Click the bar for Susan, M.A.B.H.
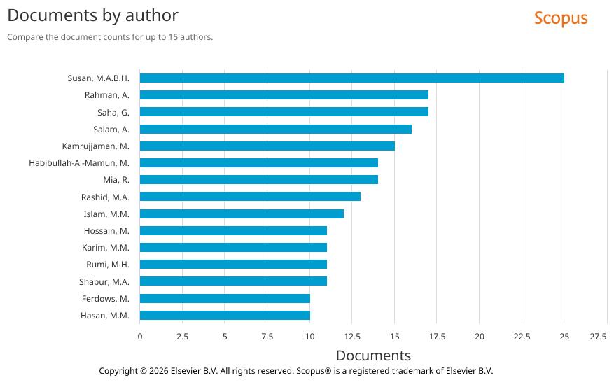[x=351, y=78]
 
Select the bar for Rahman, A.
[x=284, y=94]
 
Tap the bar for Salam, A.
[x=275, y=129]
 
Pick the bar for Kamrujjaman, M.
[x=267, y=146]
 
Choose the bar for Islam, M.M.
[x=242, y=213]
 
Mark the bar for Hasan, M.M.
[x=225, y=315]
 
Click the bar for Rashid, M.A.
[x=250, y=197]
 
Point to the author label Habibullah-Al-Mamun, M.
[x=79, y=163]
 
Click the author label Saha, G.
[x=113, y=112]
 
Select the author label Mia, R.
[x=116, y=180]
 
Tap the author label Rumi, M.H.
[x=107, y=265]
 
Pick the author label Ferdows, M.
[x=105, y=298]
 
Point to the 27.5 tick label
[x=598, y=337]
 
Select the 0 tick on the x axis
[x=140, y=337]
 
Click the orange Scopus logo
[x=561, y=18]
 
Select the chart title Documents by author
[x=92, y=15]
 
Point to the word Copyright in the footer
[x=118, y=371]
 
